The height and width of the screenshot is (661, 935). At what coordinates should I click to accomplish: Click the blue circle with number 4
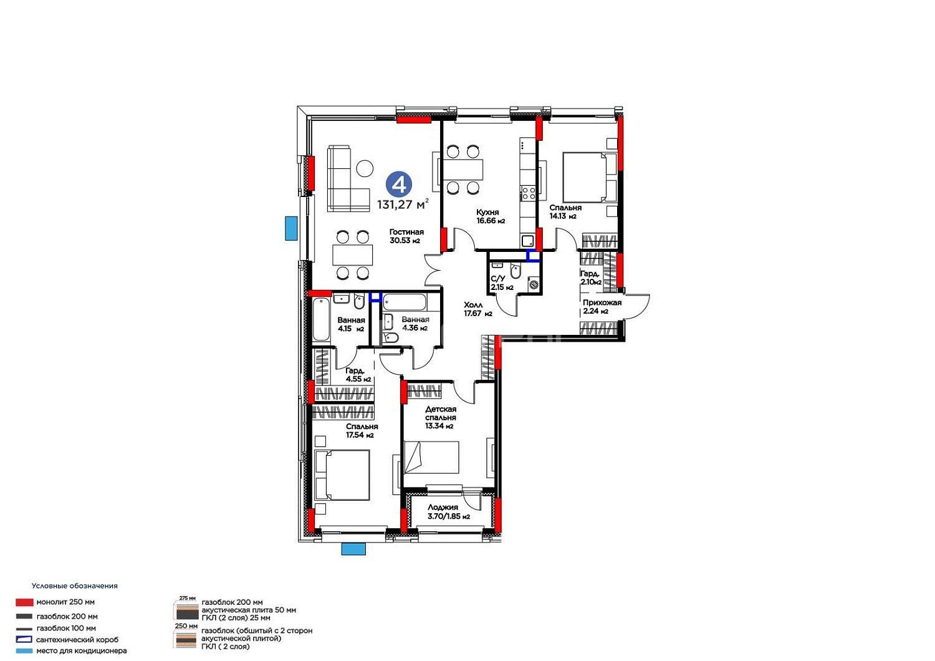pyautogui.click(x=399, y=185)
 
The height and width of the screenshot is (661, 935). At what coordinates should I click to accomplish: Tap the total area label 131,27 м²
pyautogui.click(x=403, y=205)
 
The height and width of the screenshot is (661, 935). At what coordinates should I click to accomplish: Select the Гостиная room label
pyautogui.click(x=406, y=232)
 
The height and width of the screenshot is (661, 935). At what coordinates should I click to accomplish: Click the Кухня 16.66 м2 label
pyautogui.click(x=491, y=216)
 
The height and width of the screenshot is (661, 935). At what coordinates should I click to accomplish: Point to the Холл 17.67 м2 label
pyautogui.click(x=478, y=309)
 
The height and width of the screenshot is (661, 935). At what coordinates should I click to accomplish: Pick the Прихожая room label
pyautogui.click(x=602, y=302)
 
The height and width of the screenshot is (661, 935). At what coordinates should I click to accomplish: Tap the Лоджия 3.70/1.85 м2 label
pyautogui.click(x=449, y=512)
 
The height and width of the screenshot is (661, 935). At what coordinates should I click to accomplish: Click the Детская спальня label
pyautogui.click(x=441, y=413)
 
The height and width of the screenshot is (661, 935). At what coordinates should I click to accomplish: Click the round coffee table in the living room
pyautogui.click(x=365, y=168)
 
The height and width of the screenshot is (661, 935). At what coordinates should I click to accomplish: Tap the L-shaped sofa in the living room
pyautogui.click(x=348, y=178)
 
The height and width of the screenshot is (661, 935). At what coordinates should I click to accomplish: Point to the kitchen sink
pyautogui.click(x=527, y=241)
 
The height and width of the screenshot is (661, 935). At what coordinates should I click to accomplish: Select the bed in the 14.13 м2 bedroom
pyautogui.click(x=590, y=177)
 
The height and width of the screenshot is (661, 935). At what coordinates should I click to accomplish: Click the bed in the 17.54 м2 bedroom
pyautogui.click(x=342, y=475)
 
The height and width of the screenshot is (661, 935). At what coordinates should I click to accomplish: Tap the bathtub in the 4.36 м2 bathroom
pyautogui.click(x=405, y=302)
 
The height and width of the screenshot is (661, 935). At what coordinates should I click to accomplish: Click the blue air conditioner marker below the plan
pyautogui.click(x=353, y=549)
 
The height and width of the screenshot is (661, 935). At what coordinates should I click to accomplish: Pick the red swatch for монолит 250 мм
pyautogui.click(x=24, y=602)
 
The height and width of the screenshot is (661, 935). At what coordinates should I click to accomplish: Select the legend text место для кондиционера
pyautogui.click(x=82, y=650)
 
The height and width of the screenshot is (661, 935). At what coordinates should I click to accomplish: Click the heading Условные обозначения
pyautogui.click(x=75, y=586)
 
